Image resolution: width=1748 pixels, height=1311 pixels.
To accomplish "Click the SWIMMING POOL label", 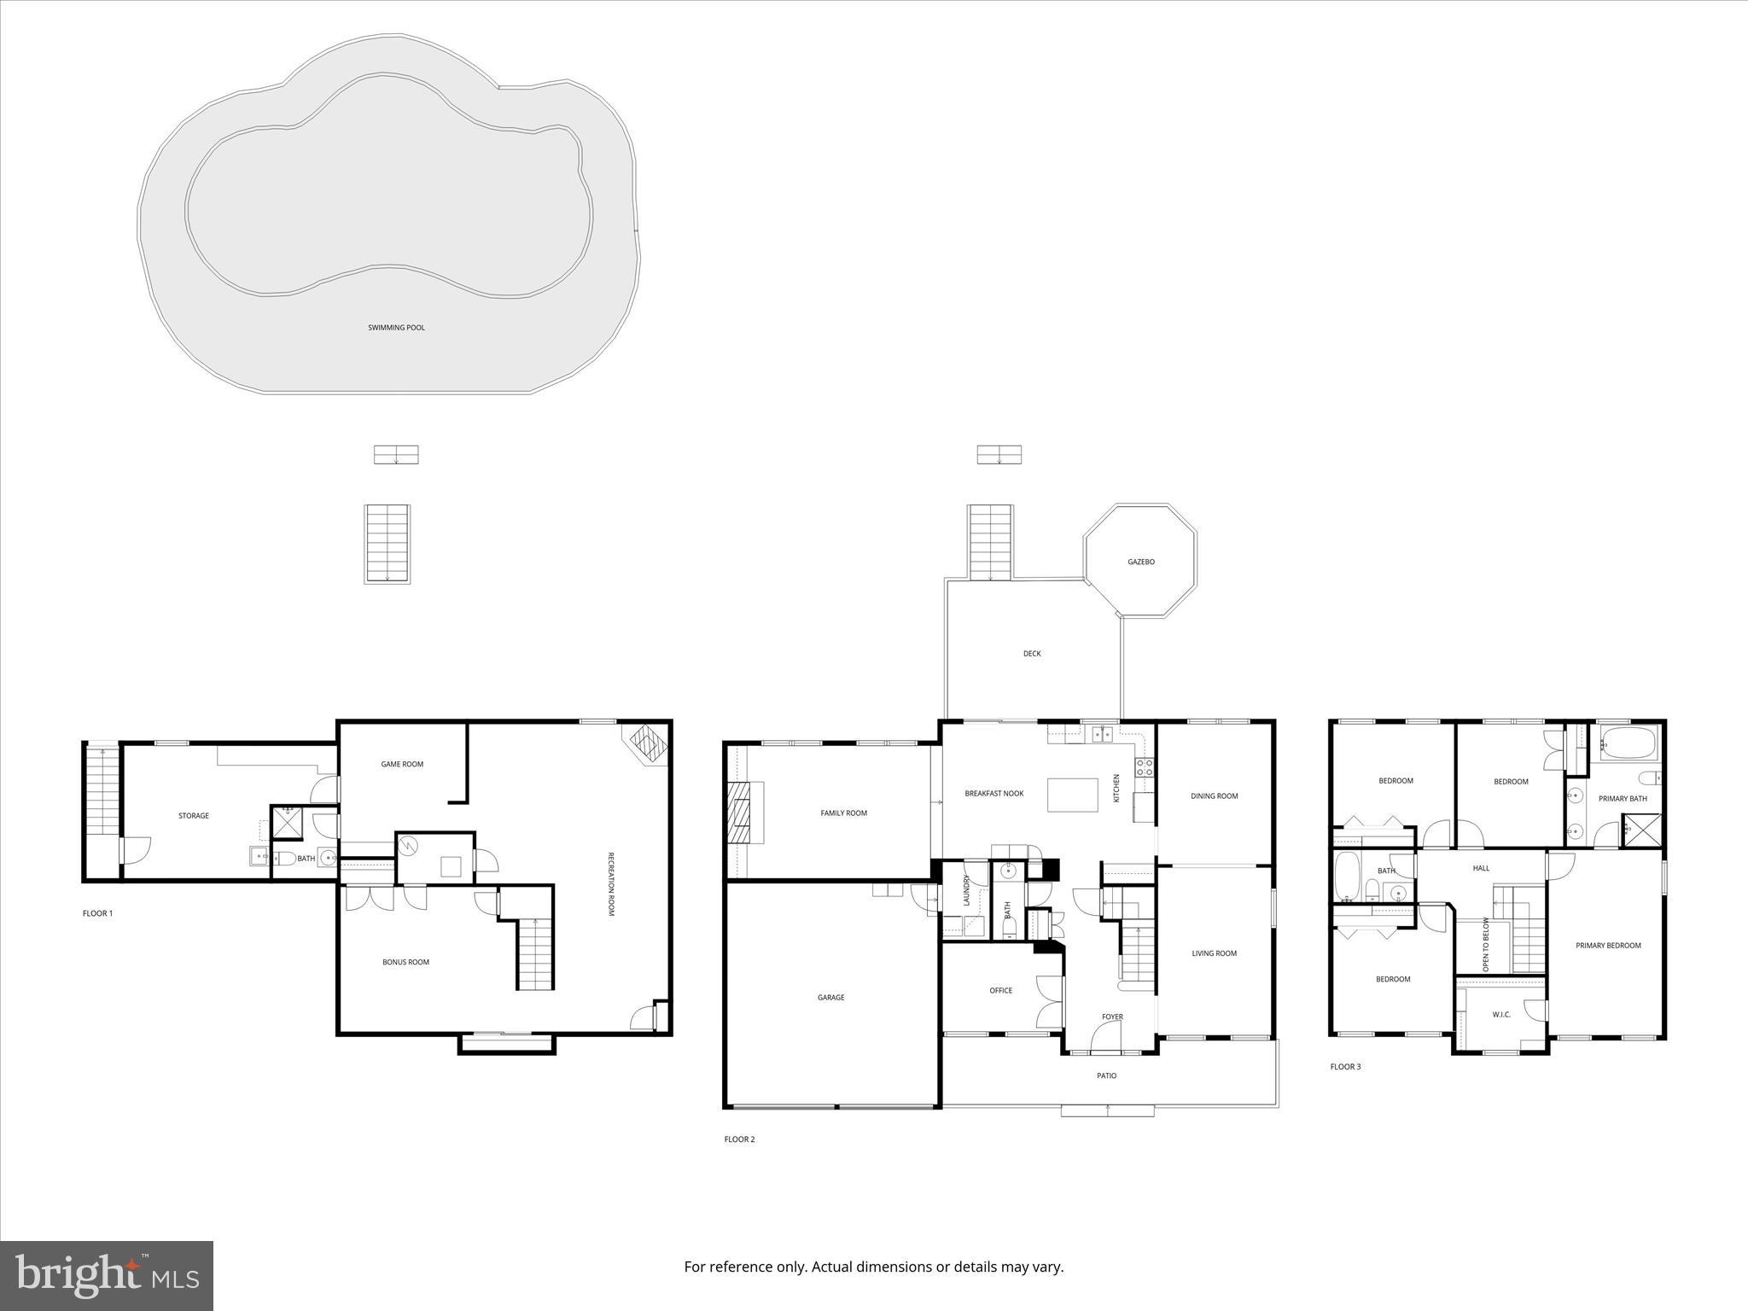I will coord(396,328).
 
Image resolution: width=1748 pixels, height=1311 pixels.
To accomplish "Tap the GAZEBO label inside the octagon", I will coord(1141,562).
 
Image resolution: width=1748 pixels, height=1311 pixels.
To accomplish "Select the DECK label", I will coord(1032,654).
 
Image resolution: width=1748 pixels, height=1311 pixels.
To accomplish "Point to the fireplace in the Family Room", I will coord(739,813).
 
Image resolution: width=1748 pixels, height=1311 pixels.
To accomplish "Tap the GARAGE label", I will coord(830,997).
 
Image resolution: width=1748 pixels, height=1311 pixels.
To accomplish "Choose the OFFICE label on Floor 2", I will coord(1000,991).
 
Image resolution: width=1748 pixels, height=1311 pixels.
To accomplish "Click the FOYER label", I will coord(1112,1017).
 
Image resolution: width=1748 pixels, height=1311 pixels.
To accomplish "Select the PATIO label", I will coord(1106,1075).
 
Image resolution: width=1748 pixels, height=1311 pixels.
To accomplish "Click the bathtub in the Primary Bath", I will coord(1627,743).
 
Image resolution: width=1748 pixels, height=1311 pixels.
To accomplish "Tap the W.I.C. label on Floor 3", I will coord(1501,1015).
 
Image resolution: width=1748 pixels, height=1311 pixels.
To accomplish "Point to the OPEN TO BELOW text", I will coord(1486,945).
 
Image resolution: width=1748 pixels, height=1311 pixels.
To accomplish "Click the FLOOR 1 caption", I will coord(97,913).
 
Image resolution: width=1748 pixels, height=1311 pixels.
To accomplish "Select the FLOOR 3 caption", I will coord(1345,1067).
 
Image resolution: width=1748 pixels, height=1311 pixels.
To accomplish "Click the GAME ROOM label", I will coord(402,764).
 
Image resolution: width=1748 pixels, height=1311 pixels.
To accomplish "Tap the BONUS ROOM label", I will coord(405,962).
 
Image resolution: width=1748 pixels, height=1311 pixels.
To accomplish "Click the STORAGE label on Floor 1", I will coord(194,816).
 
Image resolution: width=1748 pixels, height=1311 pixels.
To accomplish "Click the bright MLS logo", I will coord(107,1276).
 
